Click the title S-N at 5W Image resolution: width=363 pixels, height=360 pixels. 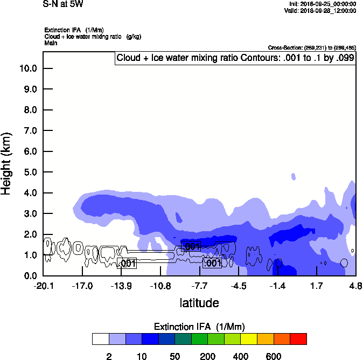[x=63, y=4]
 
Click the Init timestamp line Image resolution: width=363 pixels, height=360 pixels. [x=323, y=4]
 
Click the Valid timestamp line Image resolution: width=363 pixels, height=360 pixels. [x=322, y=10]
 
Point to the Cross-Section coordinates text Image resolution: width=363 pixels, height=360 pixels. [x=311, y=47]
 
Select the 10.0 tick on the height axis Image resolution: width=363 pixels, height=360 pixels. [x=27, y=68]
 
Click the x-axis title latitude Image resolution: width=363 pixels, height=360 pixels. [x=199, y=303]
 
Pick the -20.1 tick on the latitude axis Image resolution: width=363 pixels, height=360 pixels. [x=43, y=286]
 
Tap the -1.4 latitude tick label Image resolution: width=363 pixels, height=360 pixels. [x=277, y=286]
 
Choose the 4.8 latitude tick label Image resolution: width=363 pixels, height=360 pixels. [x=354, y=286]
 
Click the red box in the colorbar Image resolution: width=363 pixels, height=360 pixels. [x=298, y=339]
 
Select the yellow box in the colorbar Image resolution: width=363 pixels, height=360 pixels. [x=249, y=339]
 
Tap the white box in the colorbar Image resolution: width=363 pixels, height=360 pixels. [x=101, y=339]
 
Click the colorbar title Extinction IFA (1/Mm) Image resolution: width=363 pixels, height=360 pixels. [x=199, y=327]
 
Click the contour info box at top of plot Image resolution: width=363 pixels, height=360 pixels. [x=235, y=58]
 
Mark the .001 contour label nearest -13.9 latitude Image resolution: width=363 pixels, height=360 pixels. [x=127, y=264]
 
